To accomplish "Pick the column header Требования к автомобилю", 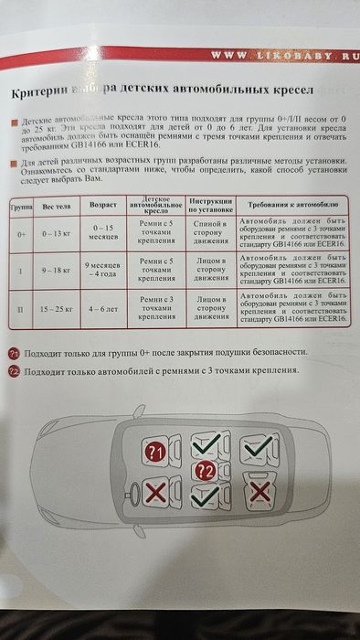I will click(x=292, y=206).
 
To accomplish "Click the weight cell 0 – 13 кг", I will click(x=58, y=233).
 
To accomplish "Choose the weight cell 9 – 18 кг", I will click(x=58, y=272).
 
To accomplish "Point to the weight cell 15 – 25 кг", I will click(x=58, y=310).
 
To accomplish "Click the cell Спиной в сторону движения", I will click(x=212, y=233).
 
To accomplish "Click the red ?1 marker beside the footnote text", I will click(x=14, y=353).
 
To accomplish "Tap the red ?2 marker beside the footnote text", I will click(x=14, y=371).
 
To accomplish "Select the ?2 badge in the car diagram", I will click(x=206, y=472).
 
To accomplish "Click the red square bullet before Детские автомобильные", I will click(x=14, y=121).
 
